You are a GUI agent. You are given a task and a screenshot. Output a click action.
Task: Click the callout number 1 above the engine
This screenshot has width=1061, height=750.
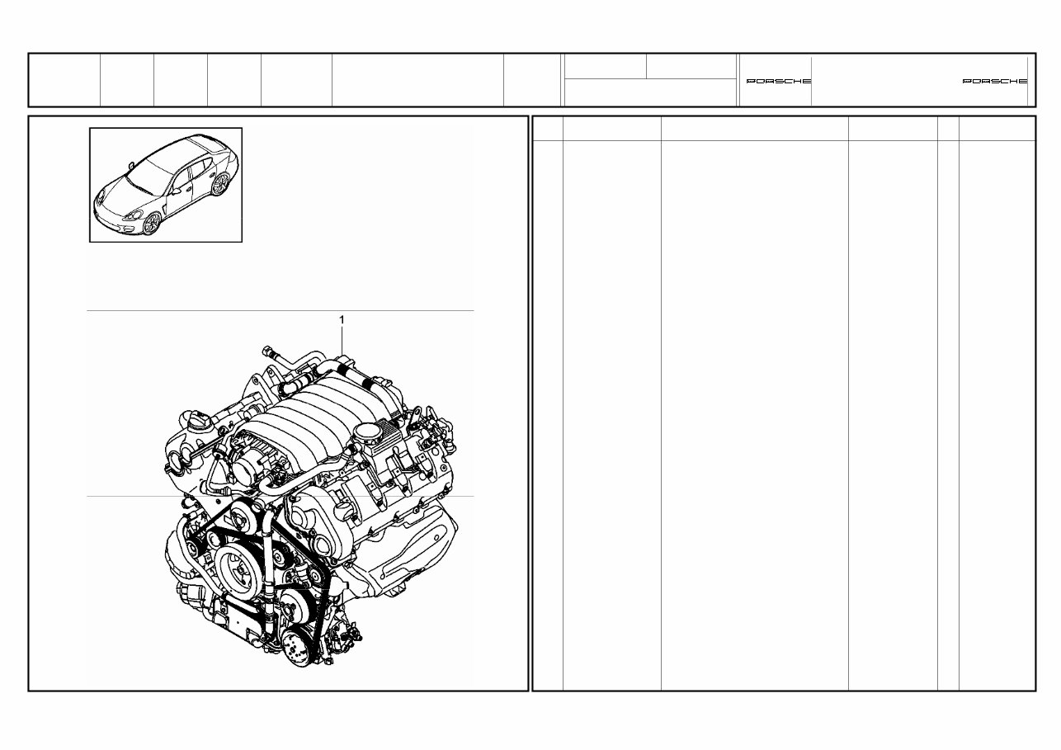click(342, 318)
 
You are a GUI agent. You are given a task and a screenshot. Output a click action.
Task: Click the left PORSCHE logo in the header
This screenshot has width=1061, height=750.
click(778, 81)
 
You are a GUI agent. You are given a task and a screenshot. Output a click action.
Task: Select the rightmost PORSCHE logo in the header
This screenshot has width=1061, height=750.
click(995, 81)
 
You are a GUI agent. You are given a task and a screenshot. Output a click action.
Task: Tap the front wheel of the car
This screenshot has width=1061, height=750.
click(152, 223)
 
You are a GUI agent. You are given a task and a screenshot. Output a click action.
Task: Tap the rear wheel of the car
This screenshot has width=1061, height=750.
click(219, 184)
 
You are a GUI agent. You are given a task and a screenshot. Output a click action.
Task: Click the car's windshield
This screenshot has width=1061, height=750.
click(147, 175)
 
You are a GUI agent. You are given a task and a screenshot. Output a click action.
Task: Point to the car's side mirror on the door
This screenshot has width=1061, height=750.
click(176, 189)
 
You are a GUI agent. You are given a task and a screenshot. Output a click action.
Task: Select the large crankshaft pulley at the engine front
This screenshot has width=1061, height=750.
click(241, 570)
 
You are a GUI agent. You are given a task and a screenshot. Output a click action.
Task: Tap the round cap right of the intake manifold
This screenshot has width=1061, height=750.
click(366, 431)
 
